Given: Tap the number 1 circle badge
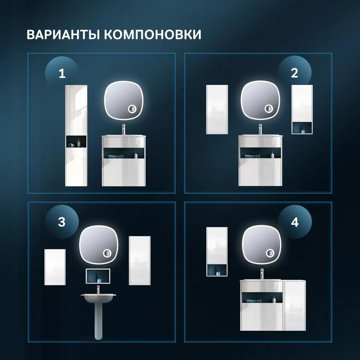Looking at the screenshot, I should [x=62, y=74].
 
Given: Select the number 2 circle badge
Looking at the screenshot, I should [x=294, y=73].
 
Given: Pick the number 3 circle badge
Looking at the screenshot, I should [x=62, y=222].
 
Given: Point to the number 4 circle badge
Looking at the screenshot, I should [x=294, y=222].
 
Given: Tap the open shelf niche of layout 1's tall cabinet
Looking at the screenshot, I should [x=76, y=142].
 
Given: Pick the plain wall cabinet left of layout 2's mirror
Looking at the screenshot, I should [x=217, y=109].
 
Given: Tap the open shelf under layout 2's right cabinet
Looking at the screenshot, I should [x=302, y=128].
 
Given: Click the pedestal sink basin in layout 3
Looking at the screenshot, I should [x=98, y=297].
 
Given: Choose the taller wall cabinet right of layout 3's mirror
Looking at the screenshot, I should [x=140, y=260].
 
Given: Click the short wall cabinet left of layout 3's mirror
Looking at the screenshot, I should [x=55, y=267].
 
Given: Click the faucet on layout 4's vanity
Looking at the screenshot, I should [x=262, y=274].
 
